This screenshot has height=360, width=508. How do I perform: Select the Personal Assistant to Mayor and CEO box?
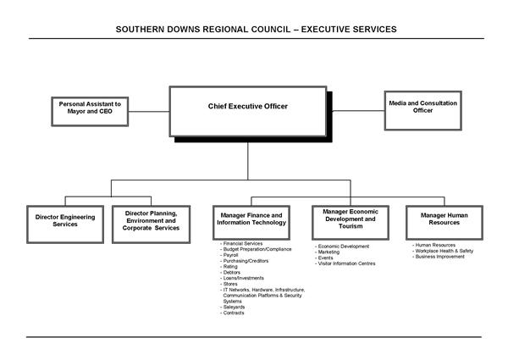point(90,108)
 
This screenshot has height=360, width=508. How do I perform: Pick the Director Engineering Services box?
point(65,220)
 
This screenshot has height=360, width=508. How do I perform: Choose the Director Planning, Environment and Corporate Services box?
point(152,221)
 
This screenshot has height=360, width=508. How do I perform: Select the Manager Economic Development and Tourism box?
point(351,219)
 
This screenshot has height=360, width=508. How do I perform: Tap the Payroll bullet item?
point(231,255)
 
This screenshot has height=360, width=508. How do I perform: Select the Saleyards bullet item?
point(234,307)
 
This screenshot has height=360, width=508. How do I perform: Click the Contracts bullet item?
point(234,313)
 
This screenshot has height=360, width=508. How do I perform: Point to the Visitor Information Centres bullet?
point(346,263)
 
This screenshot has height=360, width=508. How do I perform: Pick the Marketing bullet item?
point(329,252)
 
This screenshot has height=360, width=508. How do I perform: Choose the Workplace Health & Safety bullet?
point(444,251)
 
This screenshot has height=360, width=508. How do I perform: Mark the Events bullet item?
point(326,258)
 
